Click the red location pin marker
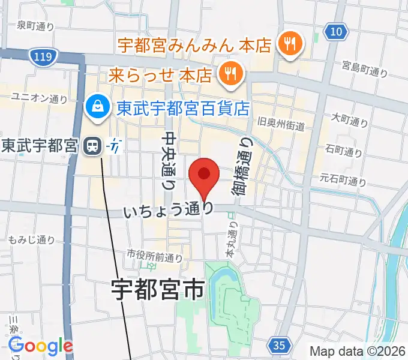[204, 175]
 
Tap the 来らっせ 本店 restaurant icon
[228, 75]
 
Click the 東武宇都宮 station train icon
[92, 145]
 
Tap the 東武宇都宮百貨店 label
[183, 108]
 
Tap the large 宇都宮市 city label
[158, 290]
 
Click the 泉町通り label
[35, 25]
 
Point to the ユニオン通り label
[39, 97]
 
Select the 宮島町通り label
[365, 68]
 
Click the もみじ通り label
[32, 240]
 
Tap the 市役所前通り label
[154, 256]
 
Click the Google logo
[40, 346]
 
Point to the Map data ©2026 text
[357, 351]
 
